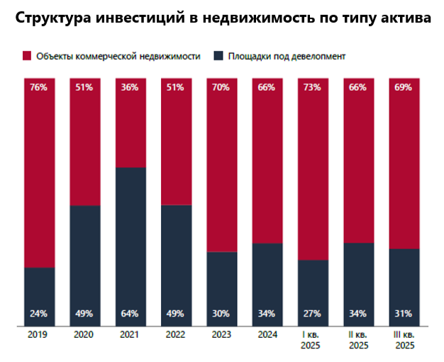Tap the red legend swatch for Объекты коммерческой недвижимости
click(x=27, y=55)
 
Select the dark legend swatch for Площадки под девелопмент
click(x=219, y=55)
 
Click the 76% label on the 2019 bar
click(x=40, y=88)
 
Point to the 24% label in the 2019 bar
click(x=40, y=314)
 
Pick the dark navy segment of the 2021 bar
click(x=131, y=241)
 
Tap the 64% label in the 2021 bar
click(x=131, y=314)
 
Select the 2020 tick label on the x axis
click(x=85, y=335)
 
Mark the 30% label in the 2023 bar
click(x=222, y=314)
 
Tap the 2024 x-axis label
click(x=267, y=335)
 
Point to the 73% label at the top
click(x=313, y=88)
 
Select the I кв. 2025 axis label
click(x=313, y=340)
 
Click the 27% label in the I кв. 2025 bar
click(x=313, y=314)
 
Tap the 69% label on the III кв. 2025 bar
click(x=404, y=88)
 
